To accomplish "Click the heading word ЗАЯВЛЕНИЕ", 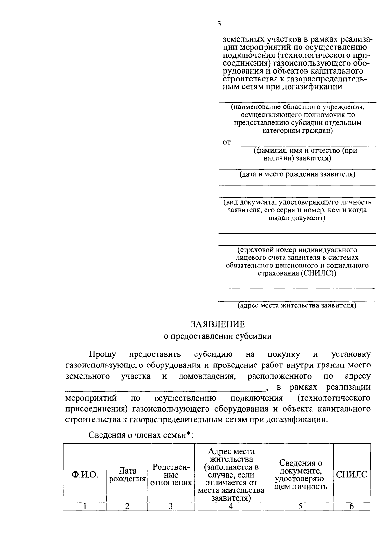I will (218, 324).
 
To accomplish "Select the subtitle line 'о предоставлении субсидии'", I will (218, 336).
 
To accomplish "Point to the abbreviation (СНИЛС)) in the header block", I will (319, 273).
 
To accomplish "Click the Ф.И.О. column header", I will (85, 475).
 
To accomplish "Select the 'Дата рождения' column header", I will (127, 475).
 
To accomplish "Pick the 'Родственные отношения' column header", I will (171, 475).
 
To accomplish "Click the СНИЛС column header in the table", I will (351, 475).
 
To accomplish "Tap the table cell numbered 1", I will (85, 506).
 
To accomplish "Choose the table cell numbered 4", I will (231, 506).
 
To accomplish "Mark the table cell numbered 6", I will (351, 506).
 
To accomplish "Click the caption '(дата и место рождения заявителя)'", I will (297, 174).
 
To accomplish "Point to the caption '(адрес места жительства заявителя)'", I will (297, 305).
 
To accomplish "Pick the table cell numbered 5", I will (301, 506).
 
